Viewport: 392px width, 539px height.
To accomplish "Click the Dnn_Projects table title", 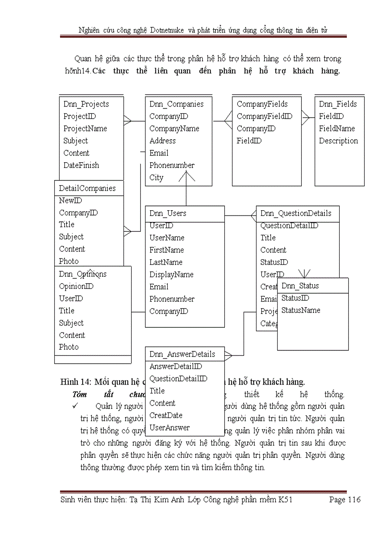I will tap(86, 104).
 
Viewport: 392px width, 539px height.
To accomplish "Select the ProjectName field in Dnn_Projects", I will tap(85, 129).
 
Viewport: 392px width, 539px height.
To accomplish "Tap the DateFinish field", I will tap(81, 165).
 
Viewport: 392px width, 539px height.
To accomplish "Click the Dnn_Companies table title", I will tap(176, 104).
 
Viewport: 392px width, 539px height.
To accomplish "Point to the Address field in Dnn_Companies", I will tap(162, 141).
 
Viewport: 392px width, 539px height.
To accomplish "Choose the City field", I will tap(156, 178).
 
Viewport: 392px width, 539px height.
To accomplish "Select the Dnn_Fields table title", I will tap(338, 104).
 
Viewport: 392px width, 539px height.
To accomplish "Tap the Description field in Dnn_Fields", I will tap(338, 141).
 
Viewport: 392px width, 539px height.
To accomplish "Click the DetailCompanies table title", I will tap(87, 188).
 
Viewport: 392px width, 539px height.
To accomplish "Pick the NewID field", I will tap(70, 201).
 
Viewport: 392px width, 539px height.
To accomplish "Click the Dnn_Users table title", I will tap(168, 213).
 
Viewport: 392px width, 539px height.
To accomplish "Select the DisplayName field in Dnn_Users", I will tap(171, 275).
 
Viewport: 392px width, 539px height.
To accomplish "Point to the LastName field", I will tap(166, 262).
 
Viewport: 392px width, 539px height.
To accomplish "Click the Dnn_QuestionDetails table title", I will tap(295, 213).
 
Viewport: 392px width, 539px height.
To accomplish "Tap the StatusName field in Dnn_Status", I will tap(301, 310).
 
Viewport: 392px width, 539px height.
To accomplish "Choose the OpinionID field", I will tap(76, 286).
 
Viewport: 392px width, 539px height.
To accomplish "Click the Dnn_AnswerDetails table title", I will tap(182, 354).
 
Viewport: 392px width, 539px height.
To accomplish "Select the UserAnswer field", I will tap(170, 428).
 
